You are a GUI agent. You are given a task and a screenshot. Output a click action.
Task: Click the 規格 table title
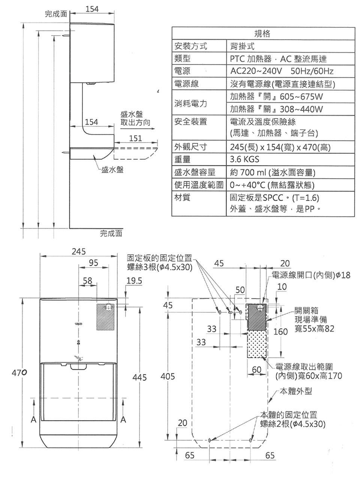[x=262, y=34]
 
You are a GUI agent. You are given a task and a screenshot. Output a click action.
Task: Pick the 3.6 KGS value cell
[x=244, y=160]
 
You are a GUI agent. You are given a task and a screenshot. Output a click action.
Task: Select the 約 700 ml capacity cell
[x=272, y=173]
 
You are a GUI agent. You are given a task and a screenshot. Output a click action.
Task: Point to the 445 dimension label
[x=139, y=376]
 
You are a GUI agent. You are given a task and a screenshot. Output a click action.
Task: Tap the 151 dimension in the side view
[x=135, y=138]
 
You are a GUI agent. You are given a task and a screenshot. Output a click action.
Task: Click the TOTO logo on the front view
[x=78, y=324]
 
